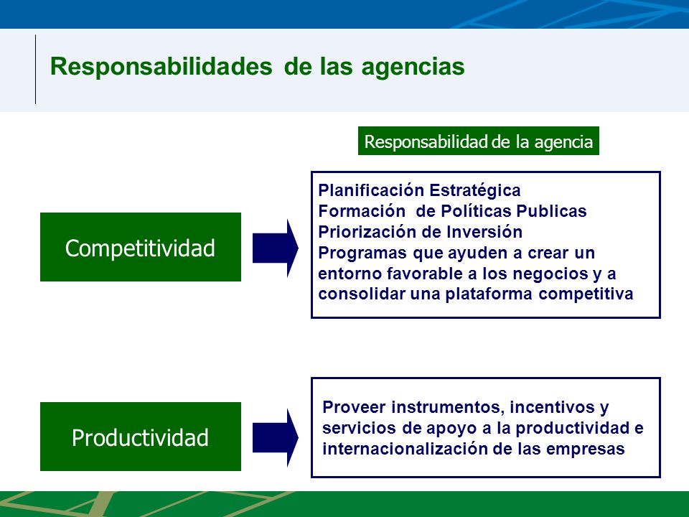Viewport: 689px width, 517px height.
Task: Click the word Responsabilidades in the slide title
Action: [x=161, y=67]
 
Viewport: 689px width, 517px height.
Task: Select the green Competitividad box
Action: [x=141, y=247]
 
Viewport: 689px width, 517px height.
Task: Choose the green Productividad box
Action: [x=141, y=437]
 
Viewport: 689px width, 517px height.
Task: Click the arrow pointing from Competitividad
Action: [x=276, y=248]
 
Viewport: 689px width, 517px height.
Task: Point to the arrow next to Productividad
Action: [x=276, y=437]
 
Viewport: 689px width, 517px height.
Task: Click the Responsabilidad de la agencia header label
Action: [x=479, y=141]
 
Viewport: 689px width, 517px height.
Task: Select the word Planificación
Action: [x=371, y=191]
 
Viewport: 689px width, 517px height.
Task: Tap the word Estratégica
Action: [x=475, y=191]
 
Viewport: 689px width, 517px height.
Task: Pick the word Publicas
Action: [x=551, y=211]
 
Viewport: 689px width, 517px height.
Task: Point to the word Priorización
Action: [x=365, y=232]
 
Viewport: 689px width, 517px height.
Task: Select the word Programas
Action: [x=362, y=253]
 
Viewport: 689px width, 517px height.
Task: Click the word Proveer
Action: [x=354, y=407]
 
